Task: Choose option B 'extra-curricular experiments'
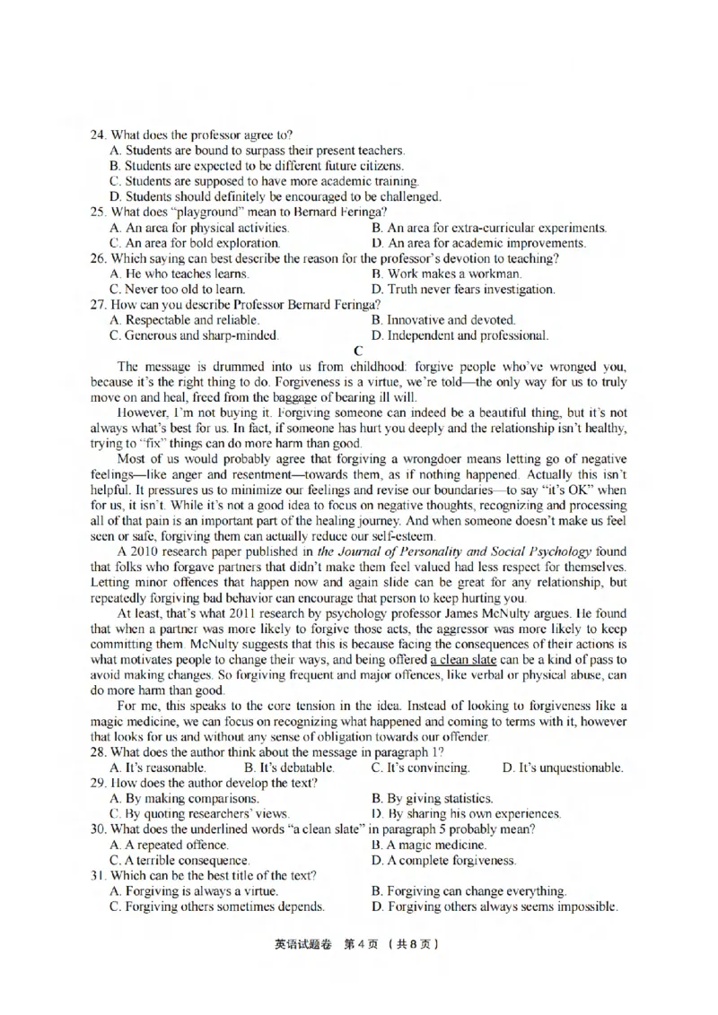(x=489, y=228)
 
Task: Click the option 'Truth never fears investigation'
(x=462, y=289)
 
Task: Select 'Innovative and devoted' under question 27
(x=443, y=320)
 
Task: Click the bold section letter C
(x=359, y=350)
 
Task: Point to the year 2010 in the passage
(x=149, y=551)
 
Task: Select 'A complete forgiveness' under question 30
(x=443, y=860)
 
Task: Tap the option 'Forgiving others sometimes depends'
(x=215, y=907)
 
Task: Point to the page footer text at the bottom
(x=359, y=944)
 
